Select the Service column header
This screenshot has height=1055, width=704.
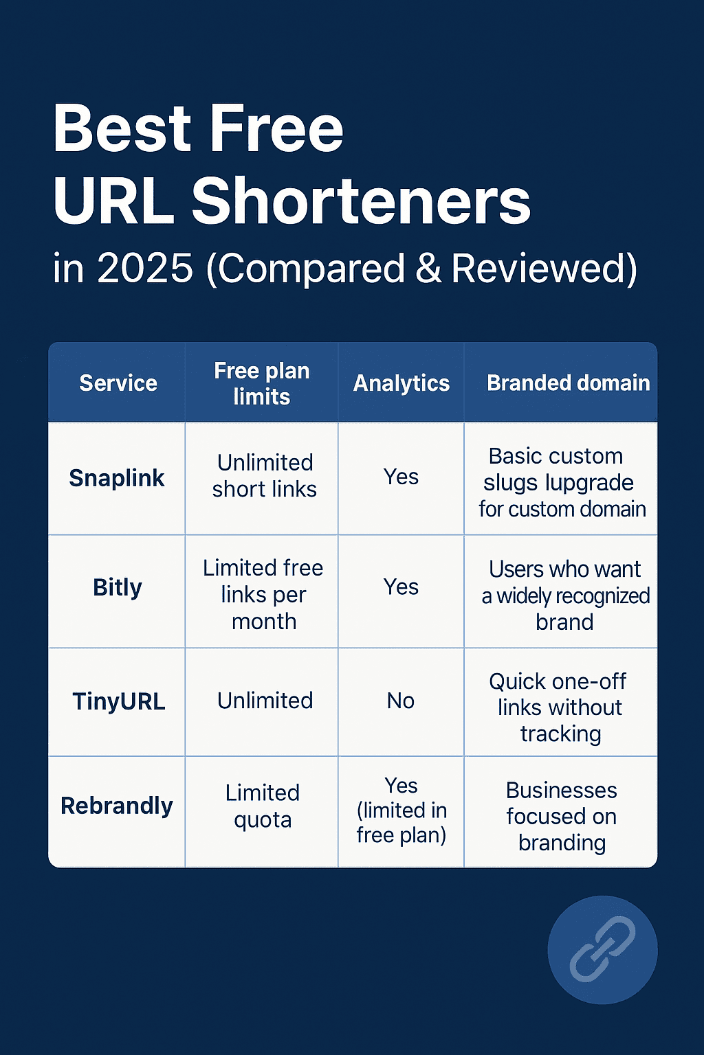point(118,383)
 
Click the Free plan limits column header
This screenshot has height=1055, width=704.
point(262,383)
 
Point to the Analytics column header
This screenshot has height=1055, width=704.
point(401,383)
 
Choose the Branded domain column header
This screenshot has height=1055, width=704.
point(568,383)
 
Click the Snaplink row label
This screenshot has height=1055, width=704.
point(116,478)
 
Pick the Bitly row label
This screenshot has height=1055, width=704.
point(117,587)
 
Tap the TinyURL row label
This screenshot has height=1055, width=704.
point(118,701)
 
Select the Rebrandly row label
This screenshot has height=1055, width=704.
point(116,806)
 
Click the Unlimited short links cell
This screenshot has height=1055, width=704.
point(265,476)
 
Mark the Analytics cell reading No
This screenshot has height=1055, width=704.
point(400,701)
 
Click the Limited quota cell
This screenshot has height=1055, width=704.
point(263,806)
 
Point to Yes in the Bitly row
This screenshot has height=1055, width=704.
point(401,587)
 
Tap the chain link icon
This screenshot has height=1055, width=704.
point(602,949)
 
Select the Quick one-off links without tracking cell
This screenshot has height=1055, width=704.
point(560,707)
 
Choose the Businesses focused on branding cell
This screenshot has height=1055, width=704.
point(561,816)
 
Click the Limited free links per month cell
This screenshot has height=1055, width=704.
point(263,594)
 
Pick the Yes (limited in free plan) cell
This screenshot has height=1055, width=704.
point(401,810)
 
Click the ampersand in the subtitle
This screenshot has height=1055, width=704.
point(429,268)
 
